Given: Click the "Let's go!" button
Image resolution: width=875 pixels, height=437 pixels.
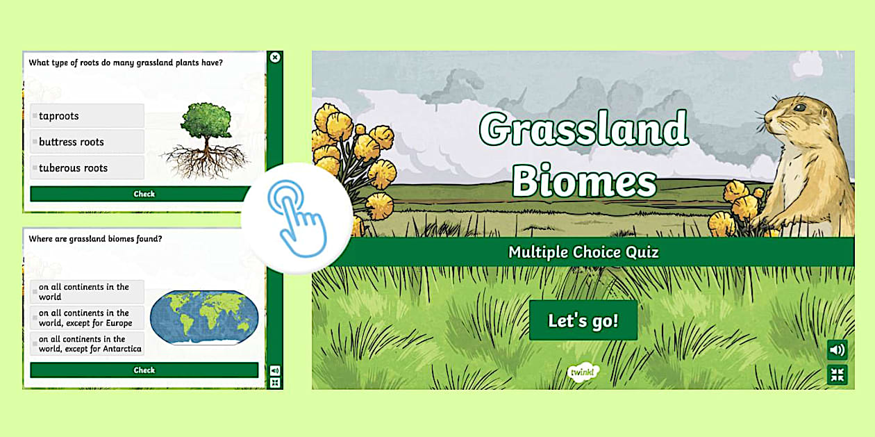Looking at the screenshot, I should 583,321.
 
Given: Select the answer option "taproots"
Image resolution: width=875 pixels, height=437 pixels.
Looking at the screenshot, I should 87,116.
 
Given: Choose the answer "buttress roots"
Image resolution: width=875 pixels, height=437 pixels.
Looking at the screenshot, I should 87,142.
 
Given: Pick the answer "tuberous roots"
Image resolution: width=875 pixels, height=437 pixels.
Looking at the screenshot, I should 87,167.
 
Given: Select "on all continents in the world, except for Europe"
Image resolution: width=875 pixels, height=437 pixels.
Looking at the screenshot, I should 87,318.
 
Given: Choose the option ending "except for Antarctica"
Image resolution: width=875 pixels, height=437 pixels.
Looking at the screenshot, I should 87,344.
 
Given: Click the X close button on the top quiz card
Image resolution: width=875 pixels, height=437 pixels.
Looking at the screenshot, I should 275,58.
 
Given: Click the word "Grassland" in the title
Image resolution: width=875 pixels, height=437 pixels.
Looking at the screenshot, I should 583,129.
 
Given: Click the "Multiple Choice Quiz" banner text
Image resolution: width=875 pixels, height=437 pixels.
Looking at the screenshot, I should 583,252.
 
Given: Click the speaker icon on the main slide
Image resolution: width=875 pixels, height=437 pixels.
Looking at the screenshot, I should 837,350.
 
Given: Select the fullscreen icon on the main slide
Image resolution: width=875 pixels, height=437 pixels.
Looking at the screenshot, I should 837,375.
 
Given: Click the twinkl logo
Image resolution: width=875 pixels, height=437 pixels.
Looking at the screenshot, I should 582,373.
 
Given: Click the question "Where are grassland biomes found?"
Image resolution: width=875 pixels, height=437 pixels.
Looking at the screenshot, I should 95,239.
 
